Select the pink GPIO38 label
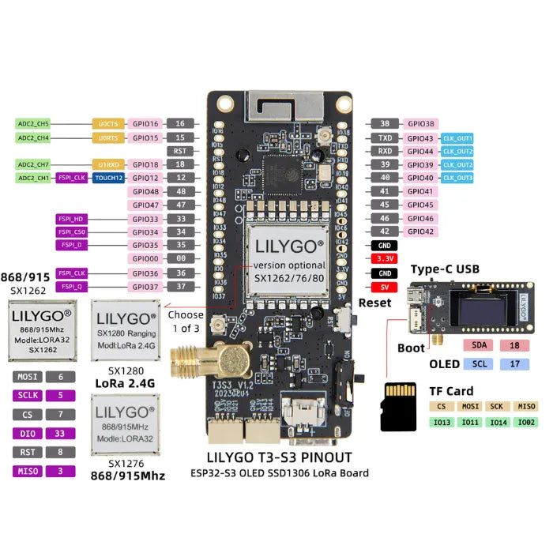tap(420, 123)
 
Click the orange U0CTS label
tap(108, 124)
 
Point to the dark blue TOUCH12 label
tap(108, 178)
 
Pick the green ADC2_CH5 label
tap(33, 124)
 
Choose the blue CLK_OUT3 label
tap(458, 178)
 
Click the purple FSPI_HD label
tap(72, 218)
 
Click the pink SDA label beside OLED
tap(480, 345)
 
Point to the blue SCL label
tap(480, 364)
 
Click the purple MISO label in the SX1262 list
tap(28, 472)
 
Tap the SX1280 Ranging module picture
tap(123, 329)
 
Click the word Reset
tap(374, 303)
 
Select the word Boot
tap(412, 348)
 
